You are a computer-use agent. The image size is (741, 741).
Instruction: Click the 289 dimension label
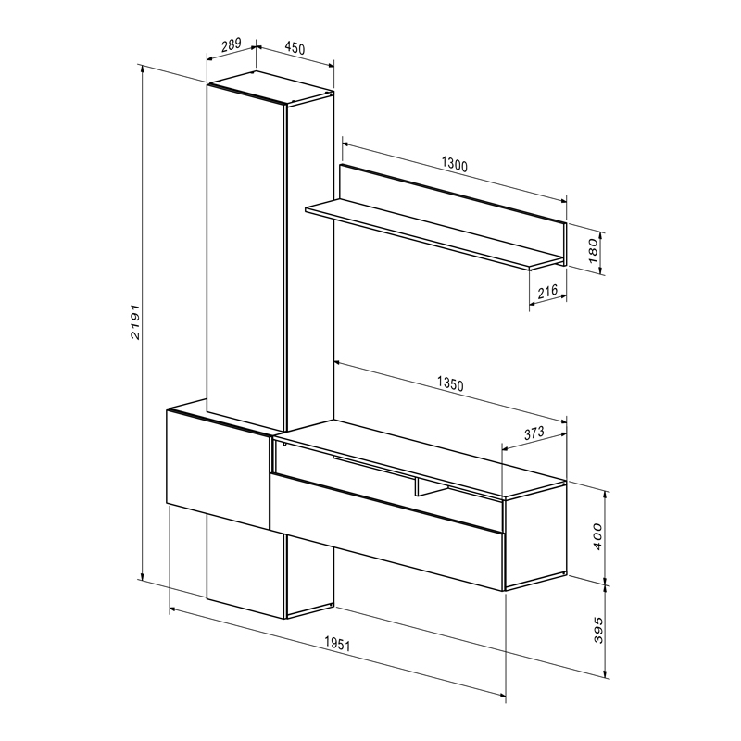(x=232, y=44)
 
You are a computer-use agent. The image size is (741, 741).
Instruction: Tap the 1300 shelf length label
(x=454, y=165)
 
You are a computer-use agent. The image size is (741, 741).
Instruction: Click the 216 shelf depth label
(x=546, y=292)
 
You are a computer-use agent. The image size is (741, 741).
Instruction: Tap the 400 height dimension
(x=598, y=536)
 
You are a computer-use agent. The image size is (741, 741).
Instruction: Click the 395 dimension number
(x=598, y=629)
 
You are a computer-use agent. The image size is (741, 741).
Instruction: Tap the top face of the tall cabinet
(x=269, y=87)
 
